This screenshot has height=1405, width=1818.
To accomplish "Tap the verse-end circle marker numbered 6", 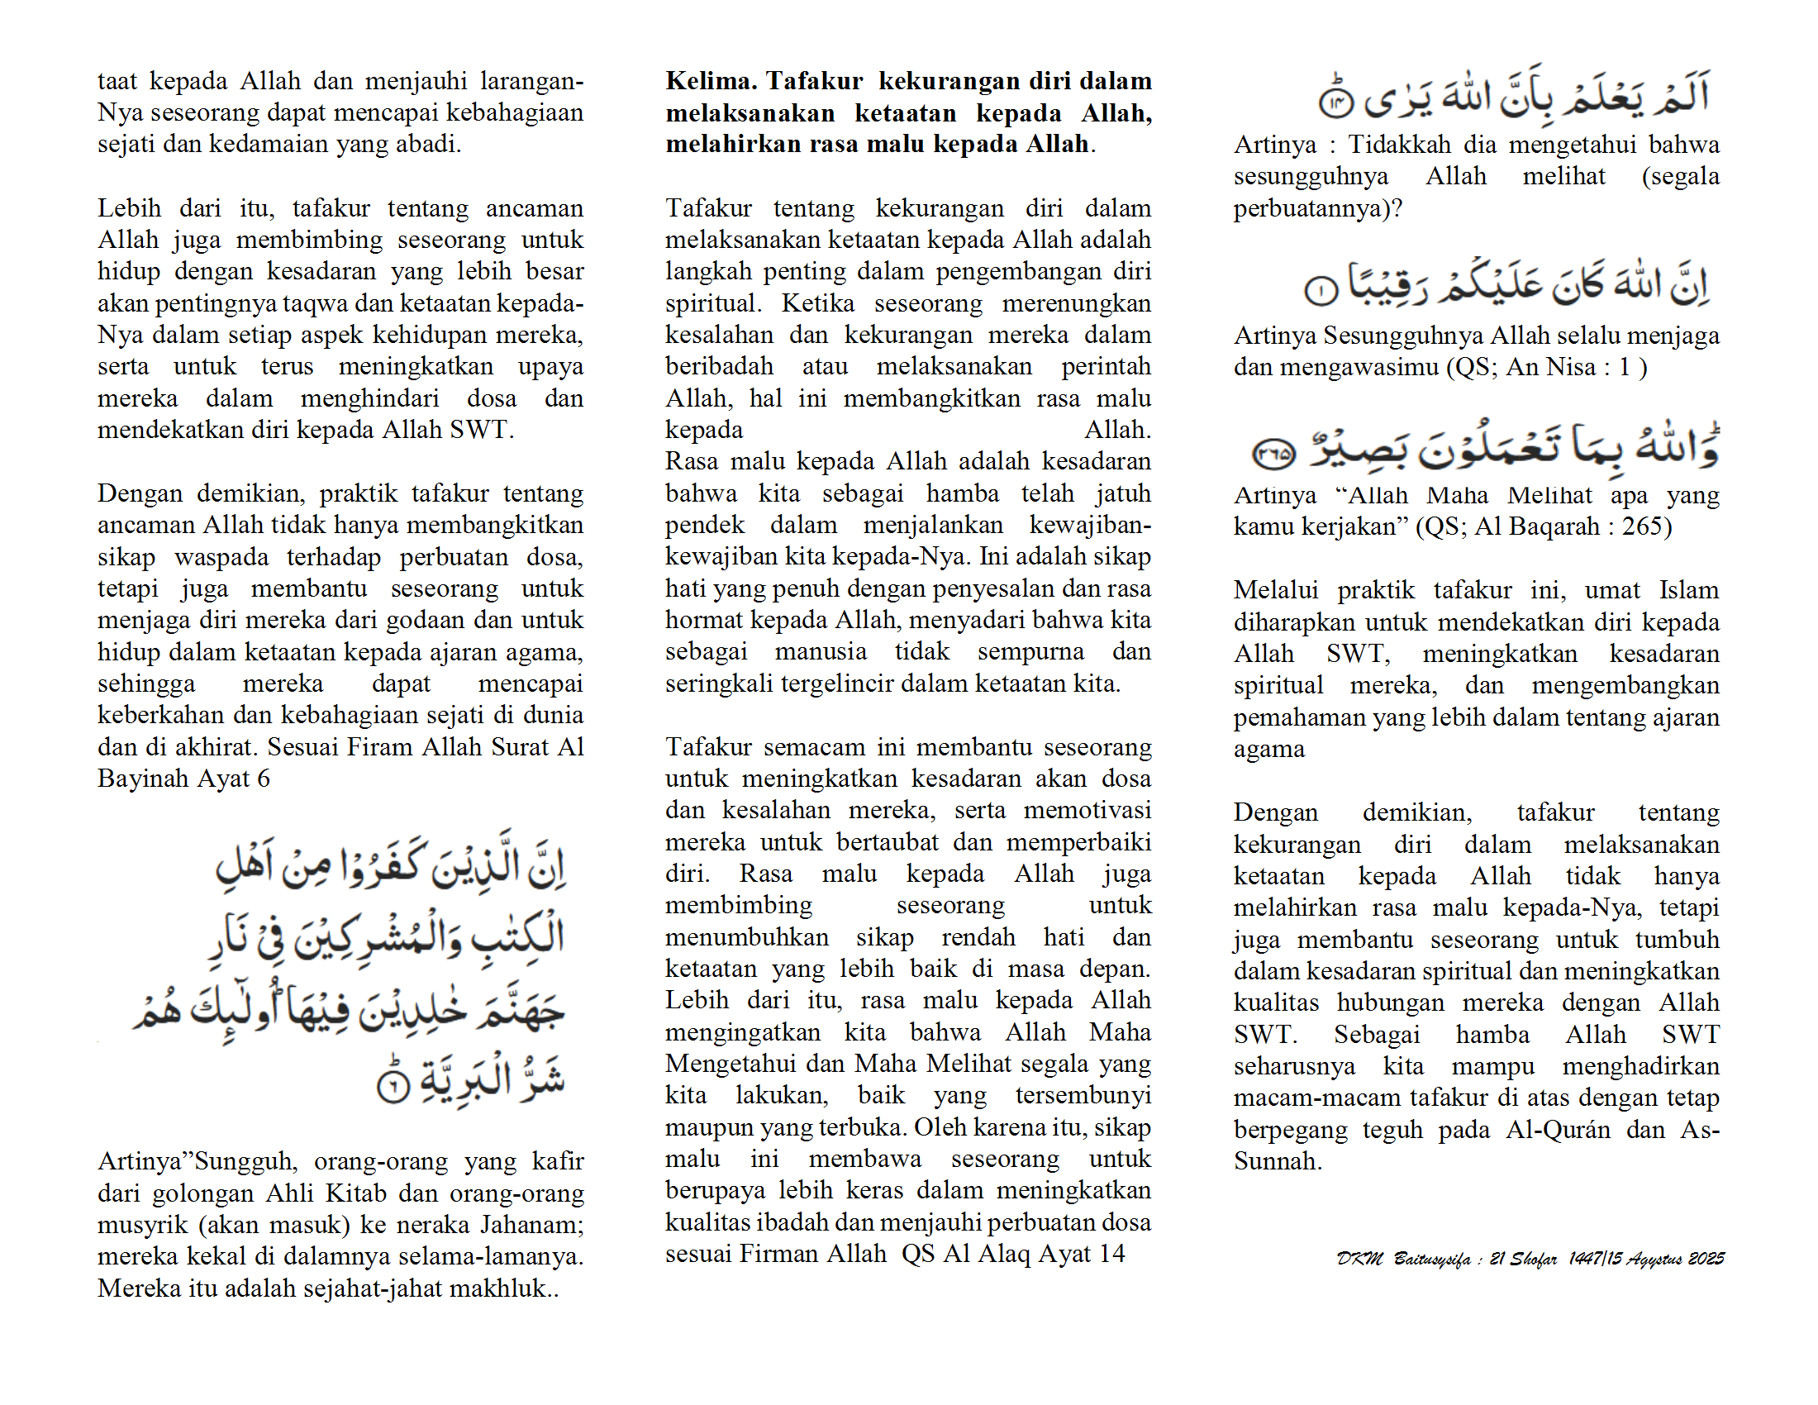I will click(393, 1084).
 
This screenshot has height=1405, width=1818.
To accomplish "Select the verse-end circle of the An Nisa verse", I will click(1321, 290).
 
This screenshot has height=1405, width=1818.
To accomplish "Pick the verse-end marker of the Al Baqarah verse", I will click(1273, 454).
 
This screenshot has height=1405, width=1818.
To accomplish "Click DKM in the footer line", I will click(1359, 1259).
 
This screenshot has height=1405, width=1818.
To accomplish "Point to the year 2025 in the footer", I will click(1706, 1259).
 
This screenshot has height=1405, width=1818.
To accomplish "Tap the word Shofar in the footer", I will click(1532, 1259).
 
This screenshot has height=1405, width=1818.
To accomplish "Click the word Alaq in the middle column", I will click(1002, 1254).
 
